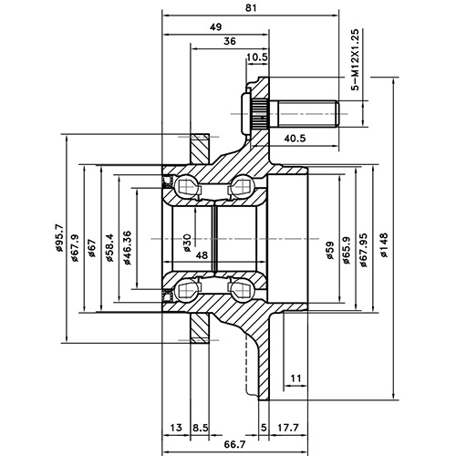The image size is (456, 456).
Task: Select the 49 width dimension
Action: (215, 27)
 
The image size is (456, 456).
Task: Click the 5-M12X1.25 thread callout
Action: (355, 65)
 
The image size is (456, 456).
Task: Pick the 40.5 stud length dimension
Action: (294, 139)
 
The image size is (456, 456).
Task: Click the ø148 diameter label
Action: (385, 245)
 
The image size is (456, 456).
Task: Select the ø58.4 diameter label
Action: (109, 244)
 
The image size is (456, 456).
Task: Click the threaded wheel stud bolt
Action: (306, 113)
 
